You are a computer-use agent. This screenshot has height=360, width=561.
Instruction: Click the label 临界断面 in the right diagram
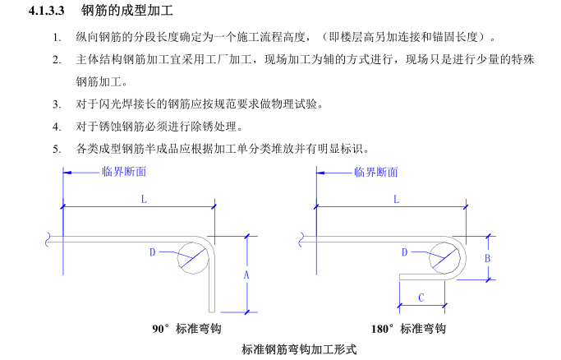[x=376, y=172]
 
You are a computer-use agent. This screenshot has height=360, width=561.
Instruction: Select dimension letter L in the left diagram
[x=143, y=199]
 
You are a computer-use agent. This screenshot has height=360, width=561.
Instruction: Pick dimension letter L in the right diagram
[x=396, y=199]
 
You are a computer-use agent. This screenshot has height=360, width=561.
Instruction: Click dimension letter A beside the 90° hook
[x=246, y=275]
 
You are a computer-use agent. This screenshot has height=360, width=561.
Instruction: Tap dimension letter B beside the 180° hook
[x=488, y=257]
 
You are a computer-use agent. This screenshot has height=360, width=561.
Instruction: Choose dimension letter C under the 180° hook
[x=421, y=298]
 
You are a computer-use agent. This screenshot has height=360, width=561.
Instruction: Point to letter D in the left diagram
[x=152, y=252]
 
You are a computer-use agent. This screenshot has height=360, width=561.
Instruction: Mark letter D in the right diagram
[x=404, y=252]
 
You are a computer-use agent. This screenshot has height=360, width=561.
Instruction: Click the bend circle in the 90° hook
[x=193, y=256]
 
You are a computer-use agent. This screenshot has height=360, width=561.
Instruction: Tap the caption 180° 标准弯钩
[x=408, y=329]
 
